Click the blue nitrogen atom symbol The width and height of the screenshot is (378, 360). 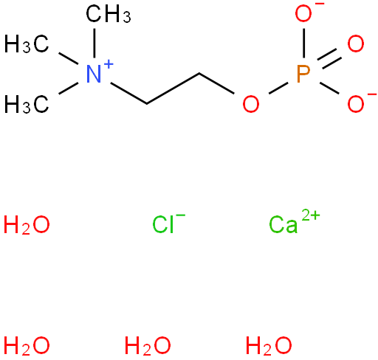click(x=94, y=74)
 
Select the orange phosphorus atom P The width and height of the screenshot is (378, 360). click(x=303, y=74)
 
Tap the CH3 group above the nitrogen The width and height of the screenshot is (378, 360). click(x=109, y=14)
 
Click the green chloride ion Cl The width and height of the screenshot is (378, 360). click(x=163, y=224)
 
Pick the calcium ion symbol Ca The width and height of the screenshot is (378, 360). click(x=283, y=224)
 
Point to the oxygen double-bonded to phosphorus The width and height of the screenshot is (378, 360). click(x=356, y=44)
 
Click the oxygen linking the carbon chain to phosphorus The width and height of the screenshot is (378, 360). click(x=251, y=104)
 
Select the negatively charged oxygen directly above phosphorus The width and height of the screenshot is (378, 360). click(x=303, y=13)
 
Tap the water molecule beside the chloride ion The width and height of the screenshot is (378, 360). click(x=27, y=224)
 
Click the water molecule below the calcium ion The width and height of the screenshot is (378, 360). click(x=269, y=345)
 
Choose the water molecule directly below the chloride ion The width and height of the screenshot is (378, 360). click(x=148, y=345)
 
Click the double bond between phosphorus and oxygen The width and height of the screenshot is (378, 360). click(x=329, y=59)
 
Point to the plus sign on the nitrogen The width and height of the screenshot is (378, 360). click(x=109, y=65)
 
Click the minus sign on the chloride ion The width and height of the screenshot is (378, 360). click(x=181, y=215)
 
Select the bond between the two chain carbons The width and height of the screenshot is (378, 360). click(x=173, y=89)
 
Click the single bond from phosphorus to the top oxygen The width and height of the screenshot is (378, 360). click(x=304, y=44)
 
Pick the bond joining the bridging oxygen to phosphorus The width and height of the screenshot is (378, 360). click(x=278, y=89)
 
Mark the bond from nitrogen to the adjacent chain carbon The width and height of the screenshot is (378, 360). click(x=128, y=93)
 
